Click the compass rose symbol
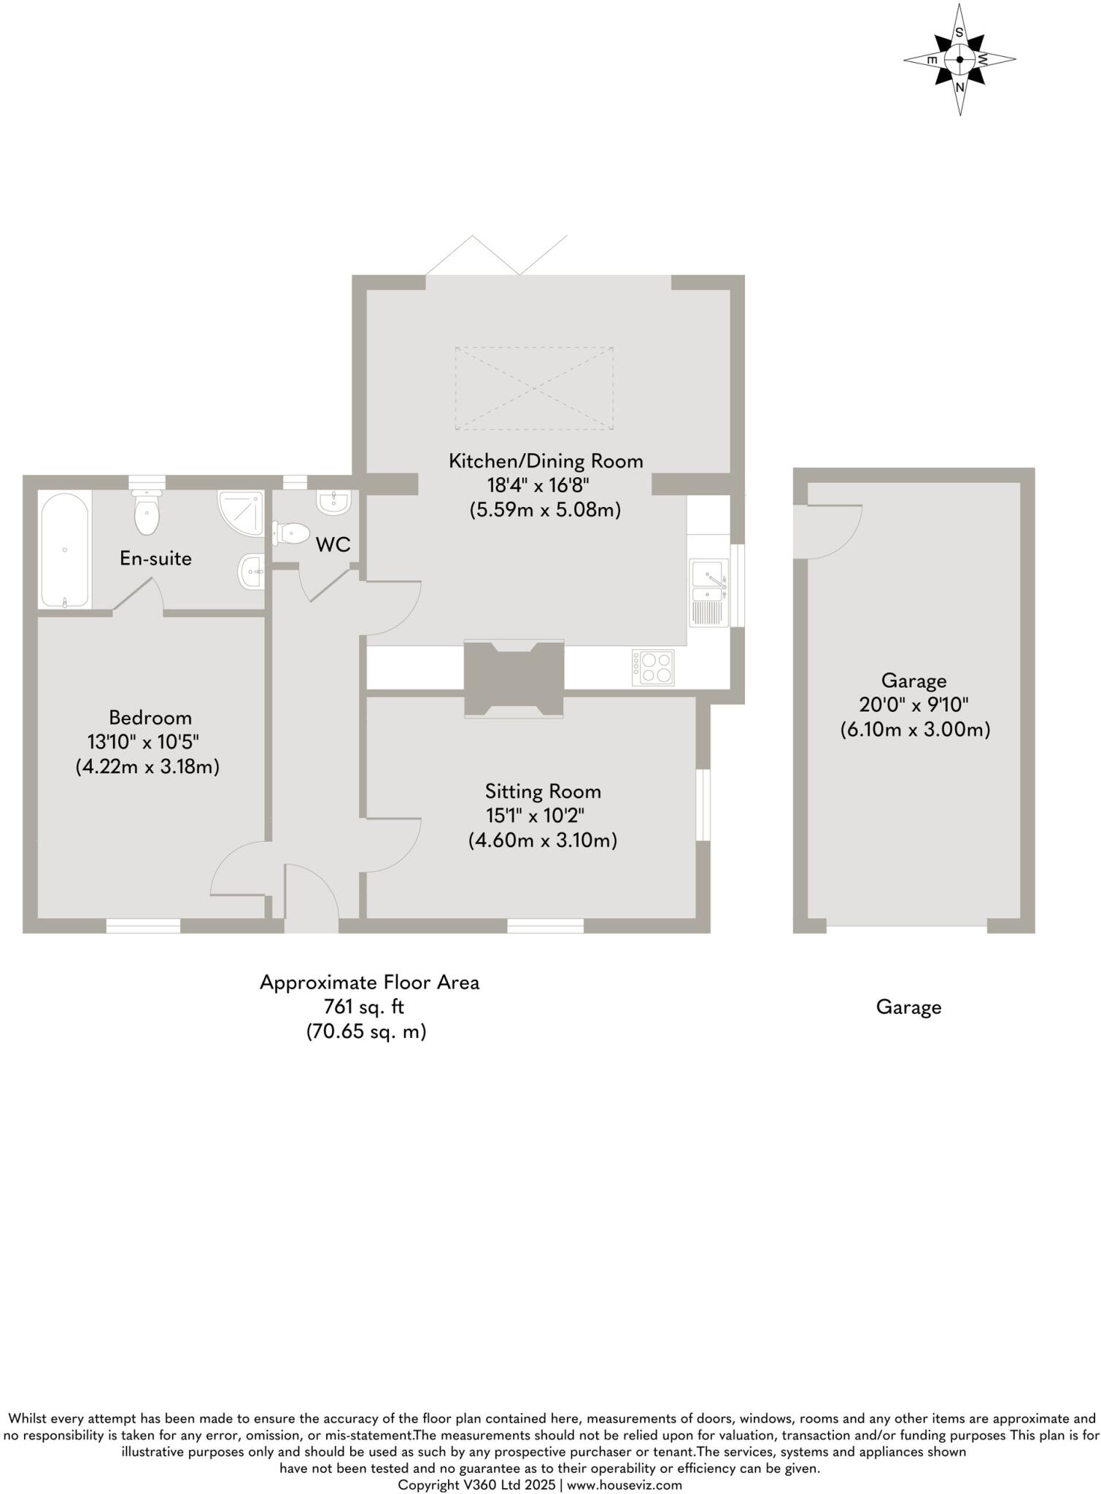959,60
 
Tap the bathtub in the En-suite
65,549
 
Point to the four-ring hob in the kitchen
653,667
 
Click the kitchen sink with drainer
708,592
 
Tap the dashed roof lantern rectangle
534,388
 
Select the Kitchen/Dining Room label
545,461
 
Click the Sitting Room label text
543,791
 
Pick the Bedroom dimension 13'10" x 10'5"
143,742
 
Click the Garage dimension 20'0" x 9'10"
913,705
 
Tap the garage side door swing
832,530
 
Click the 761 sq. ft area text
364,1007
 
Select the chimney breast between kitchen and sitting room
514,678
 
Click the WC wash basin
334,501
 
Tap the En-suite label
155,559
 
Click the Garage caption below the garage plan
908,1007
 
